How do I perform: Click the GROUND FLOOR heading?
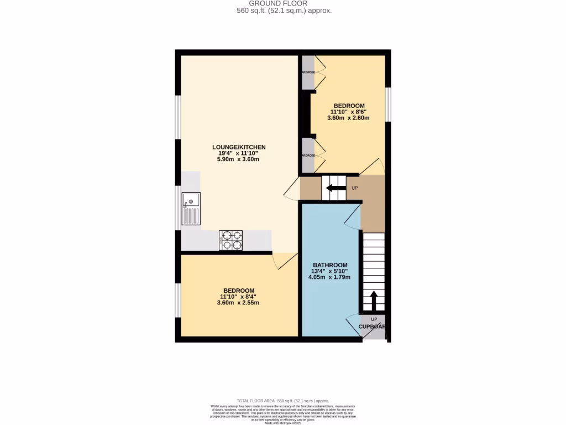click(x=282, y=3)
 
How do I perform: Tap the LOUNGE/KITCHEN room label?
click(x=239, y=147)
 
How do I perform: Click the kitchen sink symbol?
click(x=191, y=209)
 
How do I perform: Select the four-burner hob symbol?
click(x=231, y=240)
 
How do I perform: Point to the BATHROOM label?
click(x=330, y=265)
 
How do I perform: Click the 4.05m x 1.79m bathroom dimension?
click(x=330, y=278)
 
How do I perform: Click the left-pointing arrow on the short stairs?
click(x=333, y=188)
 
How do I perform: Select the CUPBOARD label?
click(x=371, y=326)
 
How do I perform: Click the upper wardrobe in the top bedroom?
click(x=308, y=72)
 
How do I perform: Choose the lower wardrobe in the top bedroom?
click(x=308, y=156)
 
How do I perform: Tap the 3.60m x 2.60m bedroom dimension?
click(x=348, y=118)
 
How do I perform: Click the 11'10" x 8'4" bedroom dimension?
click(x=239, y=297)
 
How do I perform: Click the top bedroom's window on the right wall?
click(x=388, y=103)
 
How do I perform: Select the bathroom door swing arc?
click(x=352, y=217)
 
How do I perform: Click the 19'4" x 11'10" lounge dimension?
click(x=239, y=153)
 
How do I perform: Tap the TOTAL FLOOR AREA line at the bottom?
click(x=283, y=401)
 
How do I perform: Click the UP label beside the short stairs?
click(x=355, y=188)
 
